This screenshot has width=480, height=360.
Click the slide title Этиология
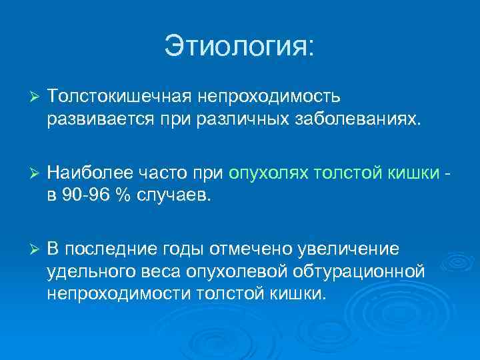coord(239,47)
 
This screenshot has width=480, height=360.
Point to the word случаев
coord(175,196)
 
